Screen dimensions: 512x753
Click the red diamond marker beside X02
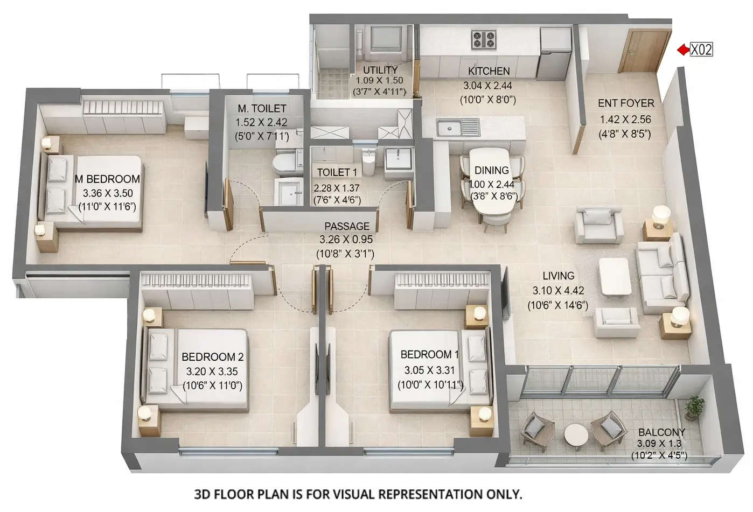pos(683,50)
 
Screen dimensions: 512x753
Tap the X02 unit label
pos(701,50)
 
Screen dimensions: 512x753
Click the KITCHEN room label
pos(489,71)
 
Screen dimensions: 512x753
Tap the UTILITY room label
pos(380,70)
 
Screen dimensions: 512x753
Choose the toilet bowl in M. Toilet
pos(284,164)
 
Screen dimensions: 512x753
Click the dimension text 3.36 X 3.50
pos(108,193)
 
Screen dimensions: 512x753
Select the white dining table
pos(491,183)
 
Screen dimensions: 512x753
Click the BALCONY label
pos(661,432)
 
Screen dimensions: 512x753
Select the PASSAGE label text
pos(347,227)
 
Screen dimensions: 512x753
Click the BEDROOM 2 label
pos(212,357)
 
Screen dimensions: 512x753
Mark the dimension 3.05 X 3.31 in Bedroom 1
pos(429,370)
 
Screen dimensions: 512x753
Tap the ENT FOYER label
pos(626,103)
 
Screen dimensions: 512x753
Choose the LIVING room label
pos(559,276)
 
